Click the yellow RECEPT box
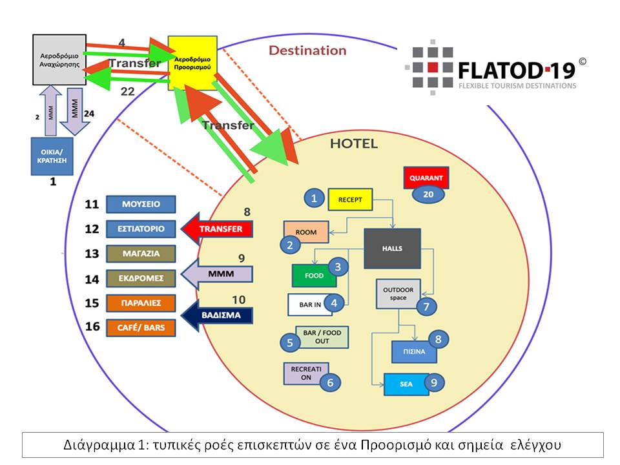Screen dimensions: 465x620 (351, 199)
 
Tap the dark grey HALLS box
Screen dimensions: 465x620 (392, 248)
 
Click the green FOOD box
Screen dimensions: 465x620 (314, 276)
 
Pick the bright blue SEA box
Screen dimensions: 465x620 (406, 384)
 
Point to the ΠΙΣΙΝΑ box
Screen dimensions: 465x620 (414, 353)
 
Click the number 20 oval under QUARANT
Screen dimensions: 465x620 (428, 193)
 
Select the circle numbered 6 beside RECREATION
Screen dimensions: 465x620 (330, 382)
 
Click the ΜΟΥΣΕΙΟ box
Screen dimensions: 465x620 (141, 204)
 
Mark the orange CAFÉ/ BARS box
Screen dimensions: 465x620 (141, 327)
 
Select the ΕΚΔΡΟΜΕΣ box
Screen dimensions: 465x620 (141, 278)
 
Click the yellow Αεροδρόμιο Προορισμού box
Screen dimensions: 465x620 (191, 63)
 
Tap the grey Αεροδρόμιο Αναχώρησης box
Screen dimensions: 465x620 (59, 60)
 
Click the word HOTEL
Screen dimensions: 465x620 (353, 144)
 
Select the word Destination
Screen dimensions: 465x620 (307, 50)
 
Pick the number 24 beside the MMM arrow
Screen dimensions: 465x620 (89, 114)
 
